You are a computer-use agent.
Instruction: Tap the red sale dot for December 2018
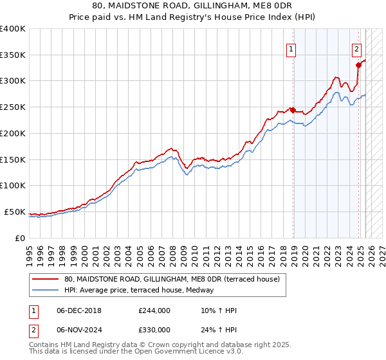click(x=293, y=110)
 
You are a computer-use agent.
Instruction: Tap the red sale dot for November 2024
click(x=358, y=65)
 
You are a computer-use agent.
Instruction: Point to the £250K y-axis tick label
click(x=13, y=107)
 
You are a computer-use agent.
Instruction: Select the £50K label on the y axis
click(x=15, y=212)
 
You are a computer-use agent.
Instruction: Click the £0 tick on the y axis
click(x=21, y=238)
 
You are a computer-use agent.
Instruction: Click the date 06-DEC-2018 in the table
click(x=80, y=311)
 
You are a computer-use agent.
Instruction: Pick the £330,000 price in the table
click(x=154, y=330)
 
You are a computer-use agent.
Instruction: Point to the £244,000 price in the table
click(x=154, y=311)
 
